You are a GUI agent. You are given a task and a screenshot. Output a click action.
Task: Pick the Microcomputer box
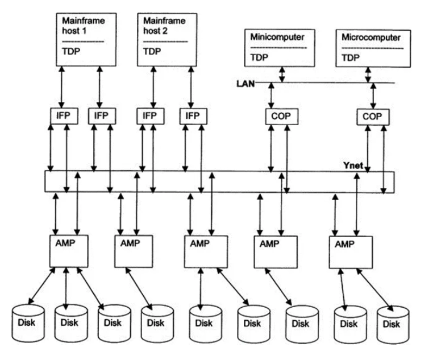tap(371, 48)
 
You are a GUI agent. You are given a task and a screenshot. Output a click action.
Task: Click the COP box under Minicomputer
tap(278, 117)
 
